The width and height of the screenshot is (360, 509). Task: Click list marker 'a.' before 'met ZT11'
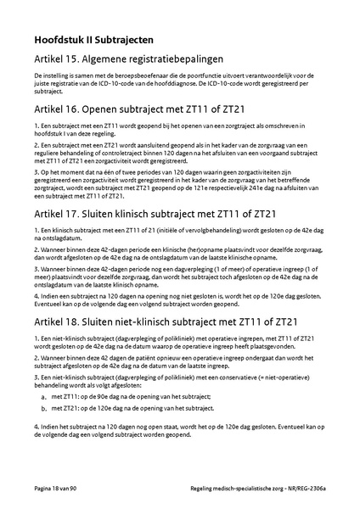(x=43, y=396)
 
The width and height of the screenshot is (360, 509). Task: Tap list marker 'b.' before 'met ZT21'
(x=43, y=408)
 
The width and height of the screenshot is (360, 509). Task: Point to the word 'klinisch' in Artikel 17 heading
(x=121, y=212)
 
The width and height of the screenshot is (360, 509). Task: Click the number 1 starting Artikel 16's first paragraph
(x=36, y=126)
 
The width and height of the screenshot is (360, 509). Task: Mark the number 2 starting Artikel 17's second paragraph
(x=36, y=249)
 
